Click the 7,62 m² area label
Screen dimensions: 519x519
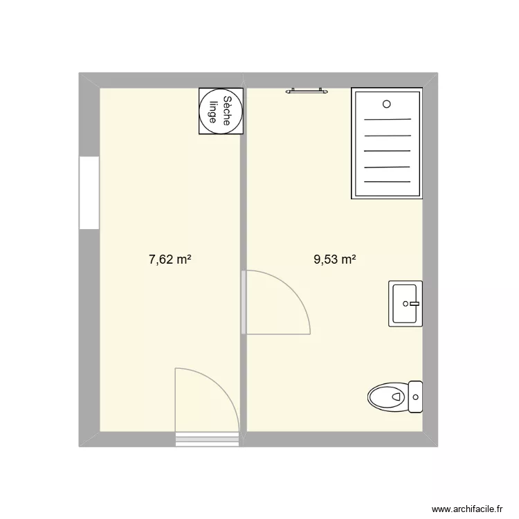click(x=170, y=260)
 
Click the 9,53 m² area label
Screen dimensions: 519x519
click(x=335, y=260)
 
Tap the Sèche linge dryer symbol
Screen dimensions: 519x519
click(x=221, y=111)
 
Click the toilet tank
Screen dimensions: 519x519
click(x=415, y=397)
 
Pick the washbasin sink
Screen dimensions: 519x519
click(x=404, y=303)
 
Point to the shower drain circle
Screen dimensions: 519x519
click(x=386, y=104)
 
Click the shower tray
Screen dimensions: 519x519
click(x=386, y=143)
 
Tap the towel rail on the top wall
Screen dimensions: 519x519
click(x=306, y=89)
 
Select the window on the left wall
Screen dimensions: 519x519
click(x=89, y=192)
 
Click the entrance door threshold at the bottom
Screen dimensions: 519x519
click(x=207, y=437)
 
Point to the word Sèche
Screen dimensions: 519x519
click(x=226, y=111)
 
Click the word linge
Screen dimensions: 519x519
click(x=215, y=111)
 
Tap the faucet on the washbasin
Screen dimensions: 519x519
click(x=413, y=303)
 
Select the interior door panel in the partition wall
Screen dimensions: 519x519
click(x=244, y=302)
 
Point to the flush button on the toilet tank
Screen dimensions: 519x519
click(x=416, y=397)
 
